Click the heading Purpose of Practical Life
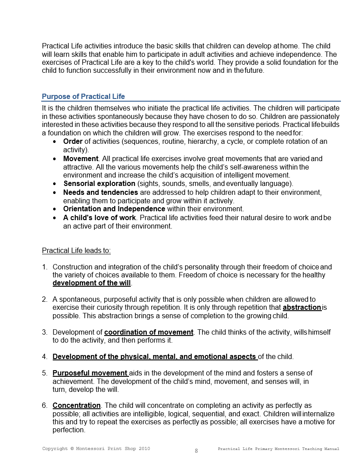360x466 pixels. [83, 96]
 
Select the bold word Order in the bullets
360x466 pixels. [73, 142]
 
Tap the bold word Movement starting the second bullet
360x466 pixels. [81, 158]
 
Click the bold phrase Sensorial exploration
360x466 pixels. [99, 183]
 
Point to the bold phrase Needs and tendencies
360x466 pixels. [101, 192]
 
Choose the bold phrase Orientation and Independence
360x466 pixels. [114, 209]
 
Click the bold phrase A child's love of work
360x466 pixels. [99, 217]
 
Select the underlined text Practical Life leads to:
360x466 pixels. [76, 251]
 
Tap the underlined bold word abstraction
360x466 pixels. [301, 308]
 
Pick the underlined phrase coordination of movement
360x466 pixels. [149, 332]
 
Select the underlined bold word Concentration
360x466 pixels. [77, 405]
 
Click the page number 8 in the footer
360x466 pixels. [196, 451]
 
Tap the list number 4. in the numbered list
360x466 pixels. [45, 356]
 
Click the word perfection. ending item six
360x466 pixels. [69, 430]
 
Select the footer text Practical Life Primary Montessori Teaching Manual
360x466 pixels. [278, 449]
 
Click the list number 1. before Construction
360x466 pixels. [45, 267]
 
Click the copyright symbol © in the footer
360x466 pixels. [72, 449]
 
